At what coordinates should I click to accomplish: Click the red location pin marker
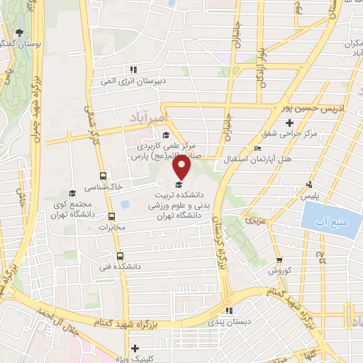[183, 168]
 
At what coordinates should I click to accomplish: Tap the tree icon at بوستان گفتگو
[19, 33]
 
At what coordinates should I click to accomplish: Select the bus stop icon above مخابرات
[111, 217]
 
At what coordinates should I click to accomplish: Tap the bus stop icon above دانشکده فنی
[118, 256]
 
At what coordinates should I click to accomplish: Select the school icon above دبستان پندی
[228, 311]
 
